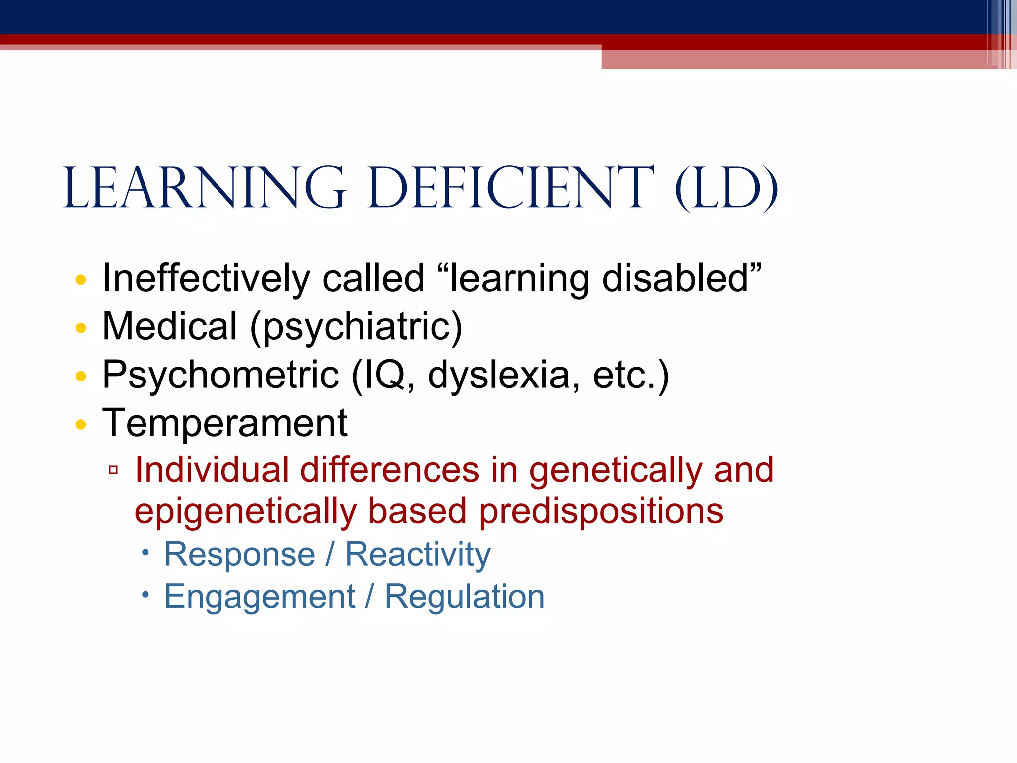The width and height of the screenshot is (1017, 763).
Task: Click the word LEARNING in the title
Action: [x=204, y=189]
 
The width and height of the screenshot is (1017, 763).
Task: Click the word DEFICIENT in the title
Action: [x=511, y=189]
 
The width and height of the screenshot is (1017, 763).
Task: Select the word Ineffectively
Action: [x=206, y=278]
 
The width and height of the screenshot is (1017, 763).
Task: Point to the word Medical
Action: [x=169, y=326]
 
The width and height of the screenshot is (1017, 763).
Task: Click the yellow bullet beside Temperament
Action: [x=81, y=425]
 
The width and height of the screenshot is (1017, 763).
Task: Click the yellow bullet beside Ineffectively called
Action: [x=81, y=280]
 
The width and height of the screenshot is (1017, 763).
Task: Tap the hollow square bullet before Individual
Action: [x=113, y=469]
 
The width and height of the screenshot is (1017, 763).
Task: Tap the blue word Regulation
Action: [x=465, y=597]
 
